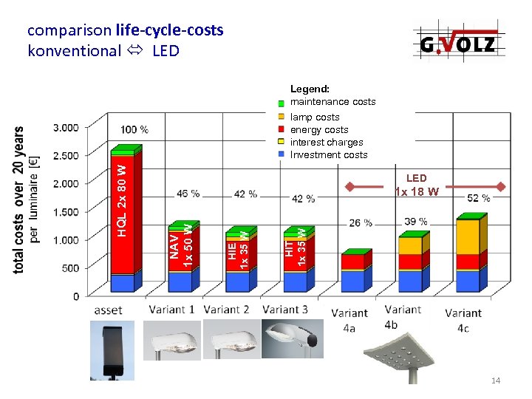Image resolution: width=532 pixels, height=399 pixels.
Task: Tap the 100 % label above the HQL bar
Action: pos(134,130)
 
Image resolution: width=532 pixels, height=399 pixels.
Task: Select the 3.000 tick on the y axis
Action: pos(65,127)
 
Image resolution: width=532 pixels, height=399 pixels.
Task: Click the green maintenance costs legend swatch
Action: pos(281,103)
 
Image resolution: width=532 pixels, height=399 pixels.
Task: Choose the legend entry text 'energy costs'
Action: pos(319,130)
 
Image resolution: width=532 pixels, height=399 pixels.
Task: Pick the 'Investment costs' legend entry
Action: pos(329,155)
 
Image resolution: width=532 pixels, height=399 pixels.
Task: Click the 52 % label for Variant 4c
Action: pos(479,198)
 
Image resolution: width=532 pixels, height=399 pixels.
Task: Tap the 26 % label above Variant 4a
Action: pos(361,223)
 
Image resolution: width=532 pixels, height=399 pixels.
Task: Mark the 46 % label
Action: pos(188,194)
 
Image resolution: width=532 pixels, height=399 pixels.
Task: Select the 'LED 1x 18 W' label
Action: pos(417,185)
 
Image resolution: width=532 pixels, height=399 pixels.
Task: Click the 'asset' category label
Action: pos(109,310)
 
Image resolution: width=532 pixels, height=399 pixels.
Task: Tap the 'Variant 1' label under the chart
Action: pos(171,310)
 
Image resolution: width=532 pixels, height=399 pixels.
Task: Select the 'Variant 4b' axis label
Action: pos(402,317)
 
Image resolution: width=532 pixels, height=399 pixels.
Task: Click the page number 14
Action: pos(496,381)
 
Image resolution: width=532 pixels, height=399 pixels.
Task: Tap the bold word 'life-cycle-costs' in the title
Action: pos(169,30)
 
